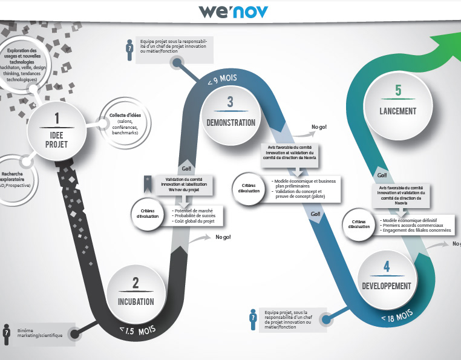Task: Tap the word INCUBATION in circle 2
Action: [136, 301]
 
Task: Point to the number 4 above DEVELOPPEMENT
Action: [387, 267]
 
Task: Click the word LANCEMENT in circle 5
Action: [397, 111]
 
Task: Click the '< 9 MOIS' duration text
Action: [221, 80]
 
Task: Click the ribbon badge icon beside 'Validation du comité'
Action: [146, 183]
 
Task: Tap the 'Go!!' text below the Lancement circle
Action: [382, 175]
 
